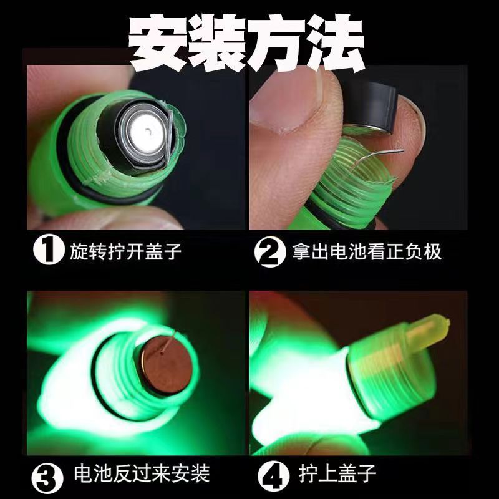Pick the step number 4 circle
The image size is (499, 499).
269,475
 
